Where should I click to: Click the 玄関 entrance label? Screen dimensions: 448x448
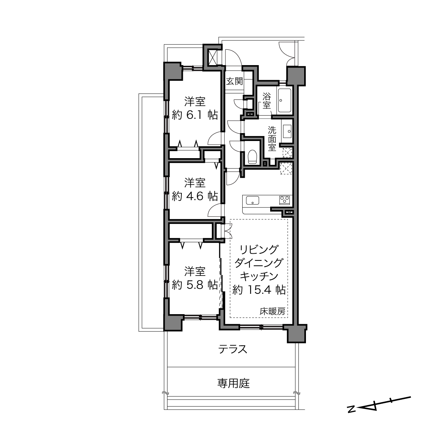pos(235,81)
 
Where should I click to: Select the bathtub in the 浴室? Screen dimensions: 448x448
pos(284,101)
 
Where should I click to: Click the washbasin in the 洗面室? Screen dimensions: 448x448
pos(287,131)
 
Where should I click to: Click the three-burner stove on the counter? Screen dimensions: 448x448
pos(285,200)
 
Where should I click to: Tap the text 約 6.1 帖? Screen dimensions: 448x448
pos(195,115)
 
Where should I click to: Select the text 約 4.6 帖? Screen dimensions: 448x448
pos(195,196)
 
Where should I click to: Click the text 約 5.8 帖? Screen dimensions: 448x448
pos(195,285)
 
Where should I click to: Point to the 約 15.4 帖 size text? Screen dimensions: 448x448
pos(259,290)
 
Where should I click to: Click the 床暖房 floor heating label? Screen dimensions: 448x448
pos(272,311)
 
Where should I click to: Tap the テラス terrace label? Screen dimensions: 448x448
pos(233,349)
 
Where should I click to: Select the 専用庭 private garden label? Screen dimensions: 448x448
pos(233,383)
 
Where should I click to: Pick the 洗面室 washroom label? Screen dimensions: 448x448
pos(272,139)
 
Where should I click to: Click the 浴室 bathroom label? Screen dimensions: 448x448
pos(267,101)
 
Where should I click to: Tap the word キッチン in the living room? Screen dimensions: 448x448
pos(259,277)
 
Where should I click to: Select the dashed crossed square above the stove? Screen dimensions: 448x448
pos(286,169)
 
